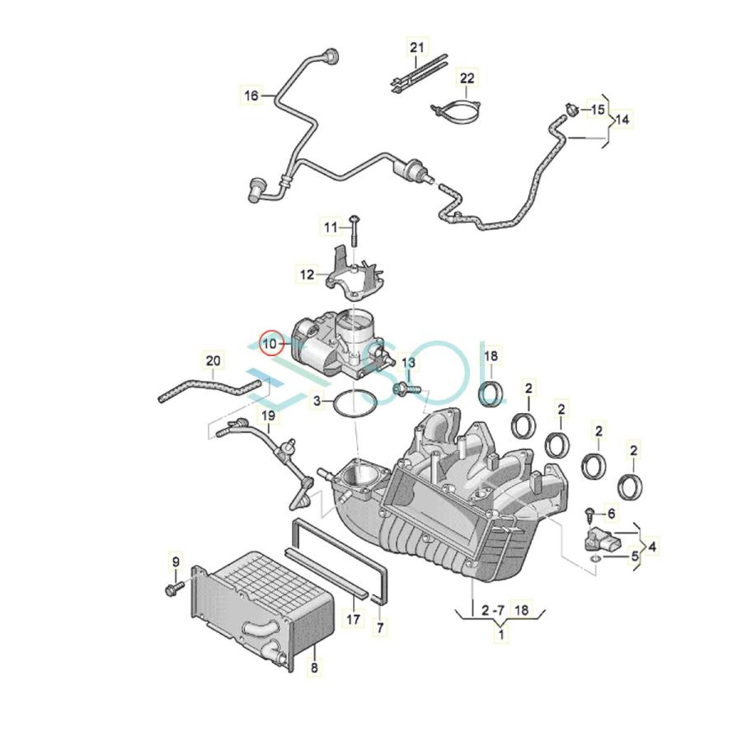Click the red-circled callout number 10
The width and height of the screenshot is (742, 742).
coord(270,343)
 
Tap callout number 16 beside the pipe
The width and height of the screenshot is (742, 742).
coord(251,95)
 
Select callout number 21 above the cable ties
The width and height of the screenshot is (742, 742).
coord(417,47)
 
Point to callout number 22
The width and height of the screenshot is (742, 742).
coord(467,77)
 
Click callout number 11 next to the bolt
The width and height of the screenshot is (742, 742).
coord(331,228)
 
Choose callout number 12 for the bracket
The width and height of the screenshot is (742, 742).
coord(308,274)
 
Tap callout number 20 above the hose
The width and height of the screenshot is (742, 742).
coord(213,360)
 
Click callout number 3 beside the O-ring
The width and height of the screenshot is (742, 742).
coord(317,402)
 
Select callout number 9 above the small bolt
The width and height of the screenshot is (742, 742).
coord(176,561)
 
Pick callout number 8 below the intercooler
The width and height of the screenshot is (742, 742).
coord(314,668)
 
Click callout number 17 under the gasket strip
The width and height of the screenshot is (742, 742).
coord(353,618)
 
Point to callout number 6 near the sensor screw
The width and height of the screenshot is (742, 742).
coord(612,513)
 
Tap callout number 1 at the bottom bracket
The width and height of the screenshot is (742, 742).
coord(501,632)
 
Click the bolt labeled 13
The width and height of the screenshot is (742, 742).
coord(406,389)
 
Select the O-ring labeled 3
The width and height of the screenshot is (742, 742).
coord(355,404)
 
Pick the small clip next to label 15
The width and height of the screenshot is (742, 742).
coord(573,110)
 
